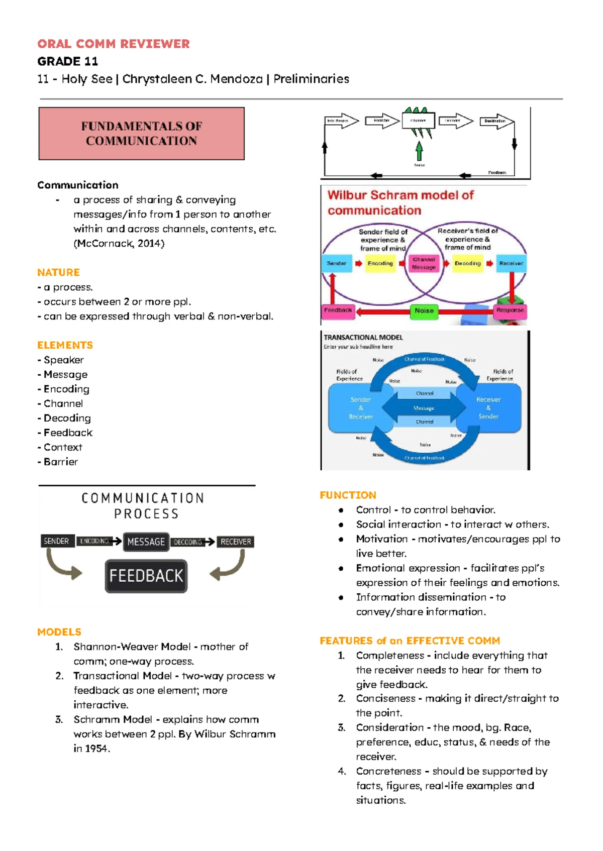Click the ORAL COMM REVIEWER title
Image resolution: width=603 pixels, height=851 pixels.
(x=114, y=44)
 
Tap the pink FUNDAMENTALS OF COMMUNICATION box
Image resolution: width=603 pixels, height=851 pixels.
(x=141, y=134)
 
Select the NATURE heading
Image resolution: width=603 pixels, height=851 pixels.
(x=58, y=272)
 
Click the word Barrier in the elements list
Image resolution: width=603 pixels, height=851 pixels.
(x=61, y=462)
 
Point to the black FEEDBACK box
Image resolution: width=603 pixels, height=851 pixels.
(x=146, y=576)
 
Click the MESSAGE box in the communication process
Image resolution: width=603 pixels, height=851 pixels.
(x=146, y=542)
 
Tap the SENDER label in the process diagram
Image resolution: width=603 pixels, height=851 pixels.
(x=56, y=541)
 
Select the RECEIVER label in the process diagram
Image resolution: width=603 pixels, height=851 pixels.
(x=236, y=542)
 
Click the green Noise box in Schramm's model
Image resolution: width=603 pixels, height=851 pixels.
(x=424, y=310)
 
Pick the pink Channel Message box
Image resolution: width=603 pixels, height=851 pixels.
(x=424, y=263)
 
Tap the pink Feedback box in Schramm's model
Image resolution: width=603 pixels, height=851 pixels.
(x=338, y=310)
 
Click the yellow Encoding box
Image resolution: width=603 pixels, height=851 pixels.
(x=380, y=263)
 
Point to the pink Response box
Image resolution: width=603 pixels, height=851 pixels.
(x=510, y=310)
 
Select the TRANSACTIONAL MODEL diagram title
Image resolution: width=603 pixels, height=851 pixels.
(x=363, y=338)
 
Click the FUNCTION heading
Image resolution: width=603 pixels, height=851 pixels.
(x=348, y=495)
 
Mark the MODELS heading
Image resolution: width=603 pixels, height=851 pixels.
(x=59, y=632)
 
